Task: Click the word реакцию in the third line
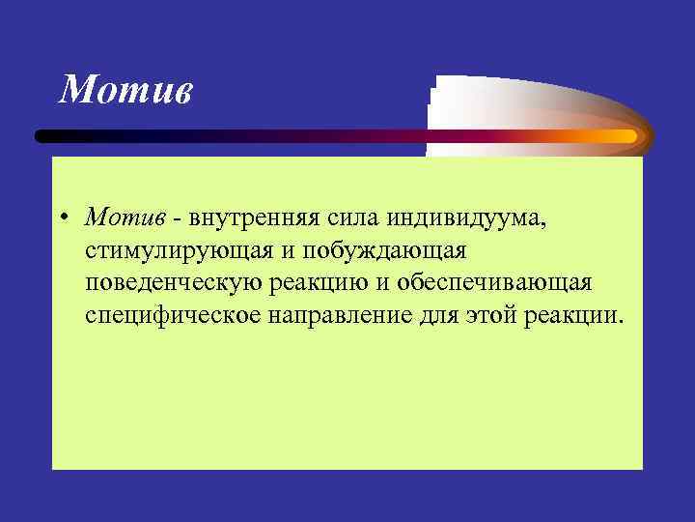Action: [331, 284]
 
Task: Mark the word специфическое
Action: [179, 317]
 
